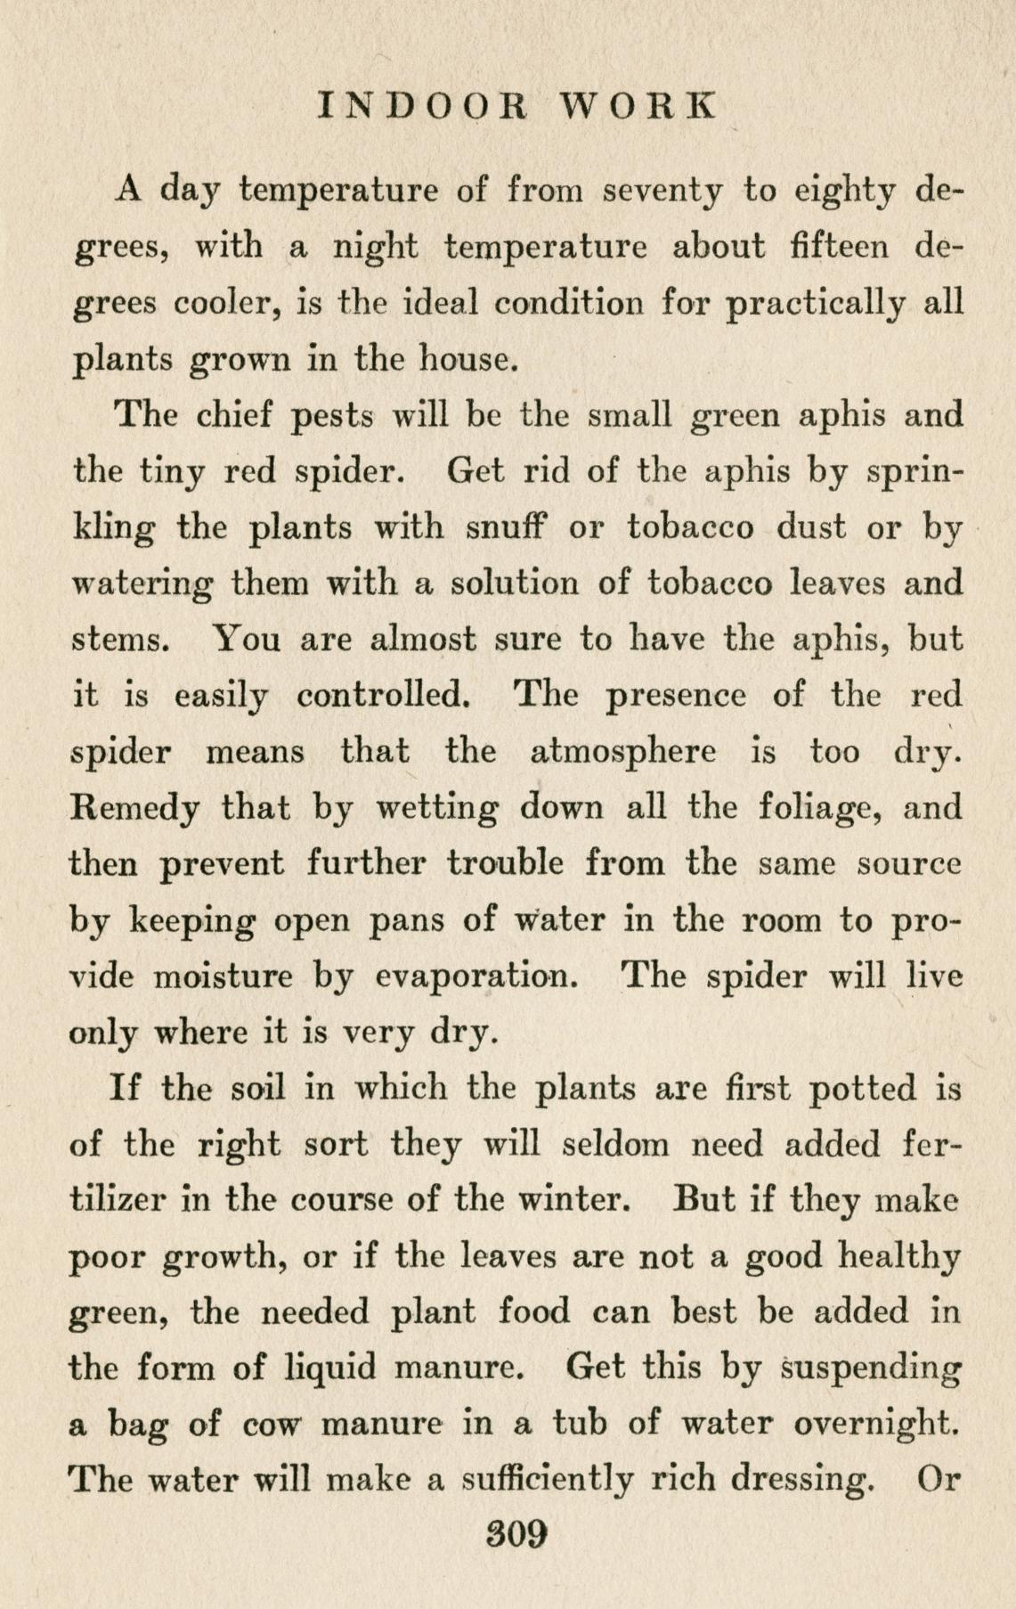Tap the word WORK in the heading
click(637, 105)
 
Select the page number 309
click(515, 1534)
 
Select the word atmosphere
click(622, 752)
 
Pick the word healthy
click(899, 1257)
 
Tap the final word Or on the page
click(939, 1480)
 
